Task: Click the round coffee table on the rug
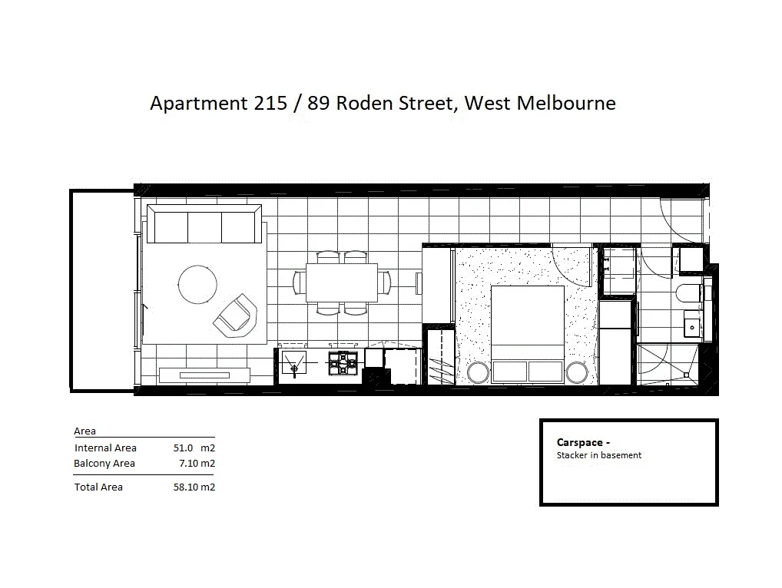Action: (x=197, y=284)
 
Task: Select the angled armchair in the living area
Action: (x=236, y=315)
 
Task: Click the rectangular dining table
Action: (x=342, y=282)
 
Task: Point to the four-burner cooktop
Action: (x=343, y=364)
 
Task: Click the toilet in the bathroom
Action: (x=690, y=292)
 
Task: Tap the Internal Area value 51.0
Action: (x=184, y=448)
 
